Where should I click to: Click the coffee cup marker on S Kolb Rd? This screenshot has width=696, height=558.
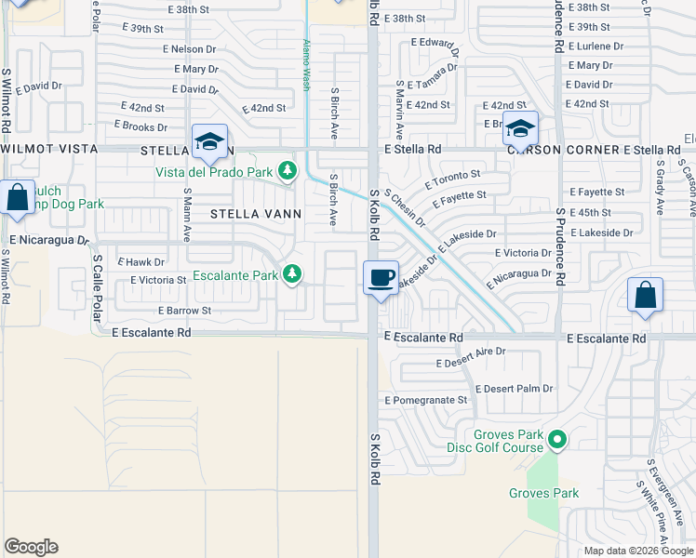381,278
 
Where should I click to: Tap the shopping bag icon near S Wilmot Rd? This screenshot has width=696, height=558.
18,197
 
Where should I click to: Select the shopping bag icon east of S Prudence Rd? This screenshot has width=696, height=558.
645,296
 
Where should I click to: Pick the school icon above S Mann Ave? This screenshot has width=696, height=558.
210,142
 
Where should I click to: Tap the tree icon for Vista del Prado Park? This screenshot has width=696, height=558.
288,170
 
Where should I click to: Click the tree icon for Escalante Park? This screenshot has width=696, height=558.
293,273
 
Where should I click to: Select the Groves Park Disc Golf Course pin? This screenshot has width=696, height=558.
557,438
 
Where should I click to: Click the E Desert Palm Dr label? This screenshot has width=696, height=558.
514,389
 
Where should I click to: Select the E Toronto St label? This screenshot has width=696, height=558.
452,174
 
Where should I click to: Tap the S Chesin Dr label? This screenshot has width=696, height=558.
405,209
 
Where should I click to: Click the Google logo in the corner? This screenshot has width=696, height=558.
31,547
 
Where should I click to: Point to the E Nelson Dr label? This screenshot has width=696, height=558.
189,48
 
